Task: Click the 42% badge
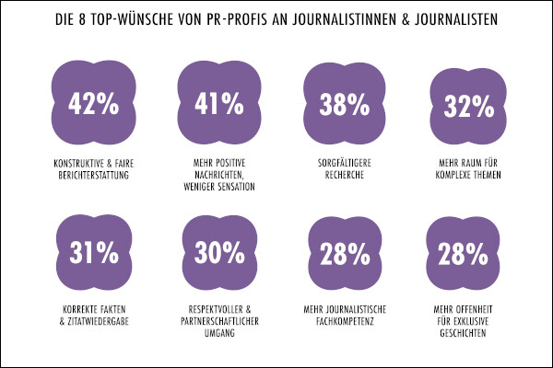pyautogui.click(x=93, y=104)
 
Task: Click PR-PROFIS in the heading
pyautogui.click(x=239, y=17)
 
